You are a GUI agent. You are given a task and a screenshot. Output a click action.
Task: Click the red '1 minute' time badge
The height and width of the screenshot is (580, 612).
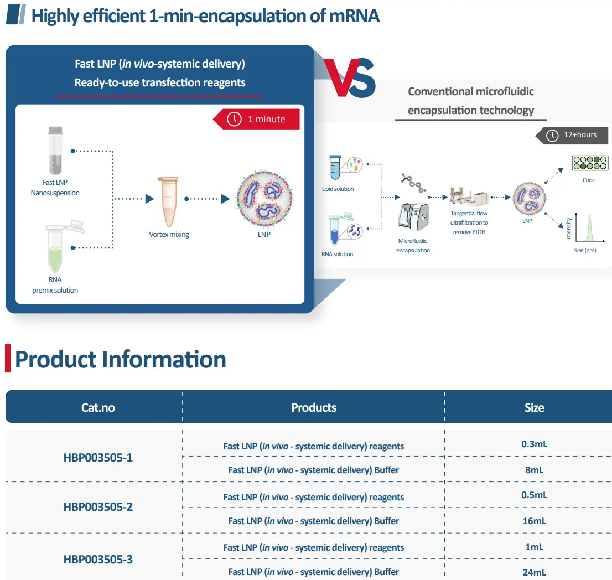click(x=256, y=119)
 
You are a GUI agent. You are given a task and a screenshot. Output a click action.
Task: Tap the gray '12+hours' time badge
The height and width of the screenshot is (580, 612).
click(x=572, y=136)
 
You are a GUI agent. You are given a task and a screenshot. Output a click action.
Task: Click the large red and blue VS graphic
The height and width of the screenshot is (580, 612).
click(x=349, y=77)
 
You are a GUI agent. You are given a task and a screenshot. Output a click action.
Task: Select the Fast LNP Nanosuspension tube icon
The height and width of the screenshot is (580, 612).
click(x=55, y=151)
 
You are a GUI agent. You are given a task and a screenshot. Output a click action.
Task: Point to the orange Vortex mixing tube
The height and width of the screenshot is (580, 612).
click(x=168, y=201)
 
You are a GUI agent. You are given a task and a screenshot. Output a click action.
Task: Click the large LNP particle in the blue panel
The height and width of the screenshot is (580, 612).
click(x=264, y=199)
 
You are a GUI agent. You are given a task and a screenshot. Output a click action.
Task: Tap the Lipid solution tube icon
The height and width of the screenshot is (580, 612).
click(x=335, y=168)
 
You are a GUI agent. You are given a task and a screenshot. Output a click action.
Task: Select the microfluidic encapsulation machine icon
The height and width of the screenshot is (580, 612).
click(x=413, y=217)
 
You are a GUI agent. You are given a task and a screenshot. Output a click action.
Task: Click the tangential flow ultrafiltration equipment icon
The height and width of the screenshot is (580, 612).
click(x=469, y=196)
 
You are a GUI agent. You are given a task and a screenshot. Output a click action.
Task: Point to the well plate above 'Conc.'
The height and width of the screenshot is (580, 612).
click(x=590, y=163)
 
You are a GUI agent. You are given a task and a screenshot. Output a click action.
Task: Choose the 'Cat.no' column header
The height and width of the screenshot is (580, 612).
click(x=98, y=407)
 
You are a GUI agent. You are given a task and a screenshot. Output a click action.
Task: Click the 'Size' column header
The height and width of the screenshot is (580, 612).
click(x=535, y=407)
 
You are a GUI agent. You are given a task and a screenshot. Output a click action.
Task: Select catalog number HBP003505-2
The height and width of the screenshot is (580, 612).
click(x=98, y=506)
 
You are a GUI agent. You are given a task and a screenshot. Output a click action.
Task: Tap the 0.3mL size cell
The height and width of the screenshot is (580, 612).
click(x=535, y=444)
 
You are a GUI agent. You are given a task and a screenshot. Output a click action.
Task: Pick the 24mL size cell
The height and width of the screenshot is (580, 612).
click(x=535, y=572)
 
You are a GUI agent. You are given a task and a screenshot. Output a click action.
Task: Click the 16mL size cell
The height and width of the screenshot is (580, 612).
click(x=535, y=521)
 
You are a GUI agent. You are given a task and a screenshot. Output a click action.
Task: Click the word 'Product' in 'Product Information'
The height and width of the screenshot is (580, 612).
click(x=55, y=360)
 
